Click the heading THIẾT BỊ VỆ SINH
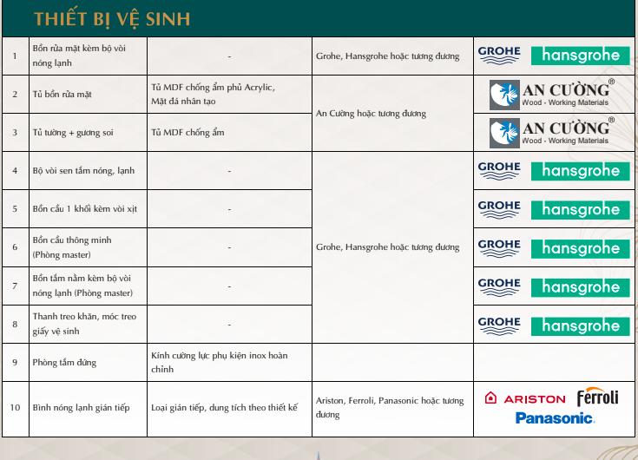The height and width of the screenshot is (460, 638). point(112,19)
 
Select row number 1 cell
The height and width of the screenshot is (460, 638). point(15,56)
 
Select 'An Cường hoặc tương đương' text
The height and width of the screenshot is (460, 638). point(371,114)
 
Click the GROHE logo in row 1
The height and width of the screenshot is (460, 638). point(499,55)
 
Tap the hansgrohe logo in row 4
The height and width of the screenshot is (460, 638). point(581,170)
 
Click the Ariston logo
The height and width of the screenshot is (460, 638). point(525,398)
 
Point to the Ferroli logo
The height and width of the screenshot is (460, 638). point(598,398)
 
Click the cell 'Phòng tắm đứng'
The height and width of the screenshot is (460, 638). point(65,362)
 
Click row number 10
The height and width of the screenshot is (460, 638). point(15,408)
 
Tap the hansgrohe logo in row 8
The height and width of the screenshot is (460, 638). point(581,325)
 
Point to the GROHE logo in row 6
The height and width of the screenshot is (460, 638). point(499,247)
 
